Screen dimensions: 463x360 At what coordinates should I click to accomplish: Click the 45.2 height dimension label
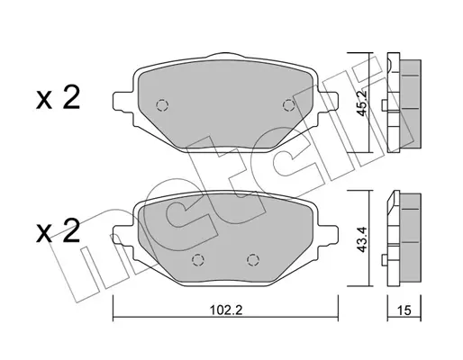click(362, 103)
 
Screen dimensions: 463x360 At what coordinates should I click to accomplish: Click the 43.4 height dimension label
click(362, 239)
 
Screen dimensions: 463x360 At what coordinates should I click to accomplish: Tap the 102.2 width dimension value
click(226, 310)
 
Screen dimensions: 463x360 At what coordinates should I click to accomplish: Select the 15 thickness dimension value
click(404, 310)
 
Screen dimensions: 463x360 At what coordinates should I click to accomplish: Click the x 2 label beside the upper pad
click(59, 97)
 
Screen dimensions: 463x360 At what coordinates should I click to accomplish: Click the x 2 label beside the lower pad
click(59, 230)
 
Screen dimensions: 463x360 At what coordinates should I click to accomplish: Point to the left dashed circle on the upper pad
click(162, 105)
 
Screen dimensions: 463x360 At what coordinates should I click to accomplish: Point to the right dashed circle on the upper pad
click(289, 105)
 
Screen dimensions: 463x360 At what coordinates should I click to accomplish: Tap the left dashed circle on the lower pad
click(198, 260)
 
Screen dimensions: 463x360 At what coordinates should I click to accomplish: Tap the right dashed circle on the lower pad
click(253, 260)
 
